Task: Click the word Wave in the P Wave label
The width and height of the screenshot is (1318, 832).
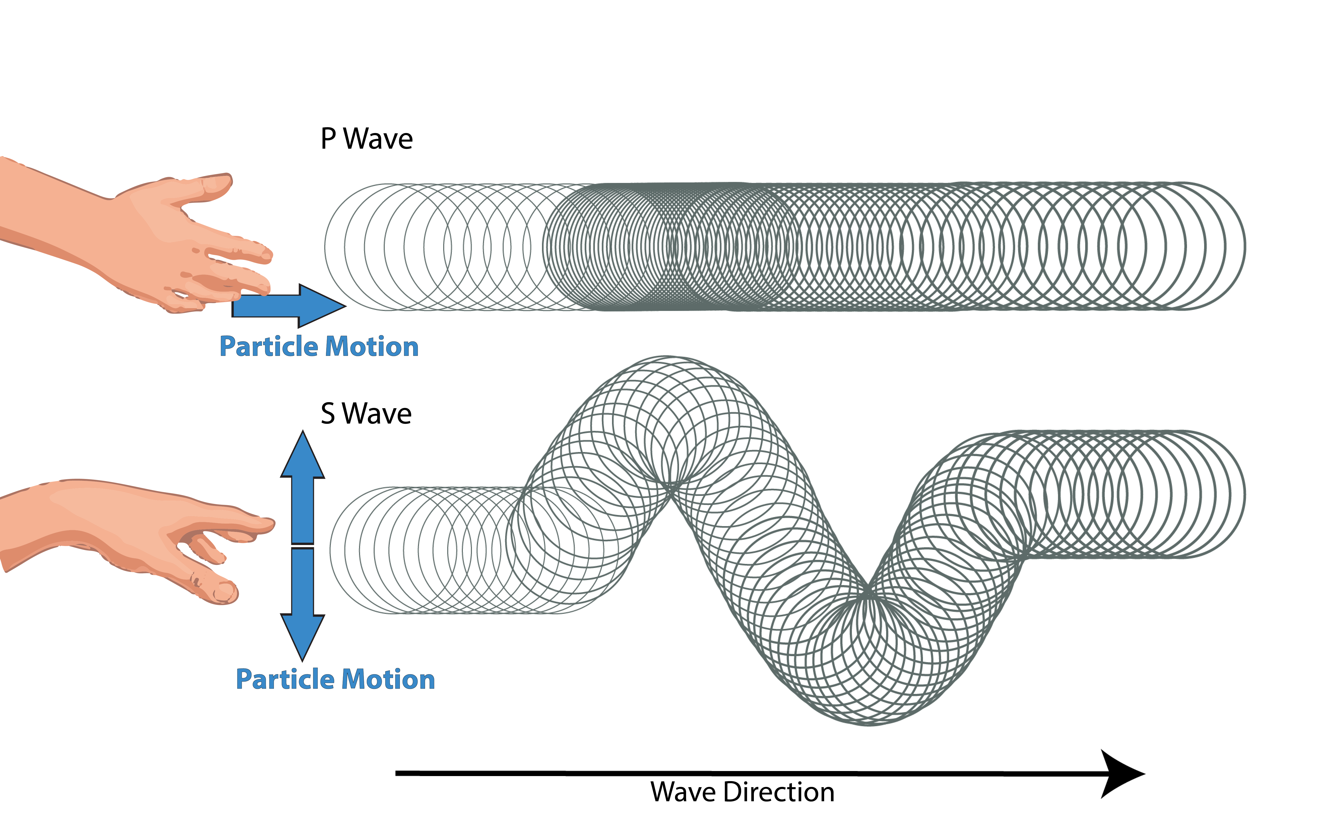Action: (x=378, y=139)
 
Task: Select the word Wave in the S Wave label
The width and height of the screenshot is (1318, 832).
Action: (x=377, y=414)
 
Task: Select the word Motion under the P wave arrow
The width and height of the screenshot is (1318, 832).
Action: (x=372, y=347)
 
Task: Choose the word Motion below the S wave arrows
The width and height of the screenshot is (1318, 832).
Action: (x=389, y=679)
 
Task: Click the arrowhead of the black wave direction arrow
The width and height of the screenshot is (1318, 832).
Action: (x=1122, y=774)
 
